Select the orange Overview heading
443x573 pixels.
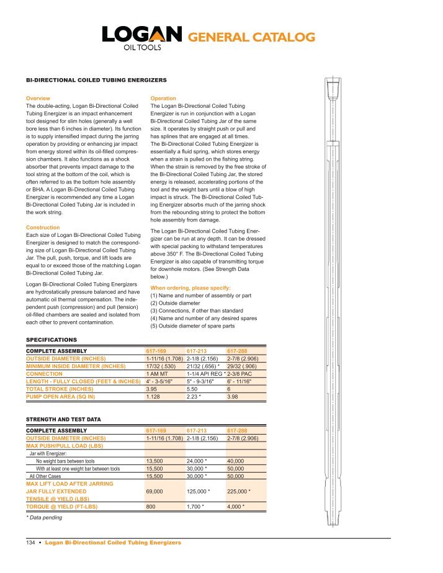[38, 99]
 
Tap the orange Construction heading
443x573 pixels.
[43, 228]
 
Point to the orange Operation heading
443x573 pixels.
[164, 99]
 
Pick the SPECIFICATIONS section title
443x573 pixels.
[51, 340]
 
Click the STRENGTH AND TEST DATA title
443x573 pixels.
[64, 420]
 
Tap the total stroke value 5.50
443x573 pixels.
[194, 389]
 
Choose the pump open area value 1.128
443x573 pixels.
[154, 397]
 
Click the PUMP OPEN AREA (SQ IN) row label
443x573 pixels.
[64, 397]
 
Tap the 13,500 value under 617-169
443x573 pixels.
[154, 461]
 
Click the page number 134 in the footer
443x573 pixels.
[29, 543]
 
